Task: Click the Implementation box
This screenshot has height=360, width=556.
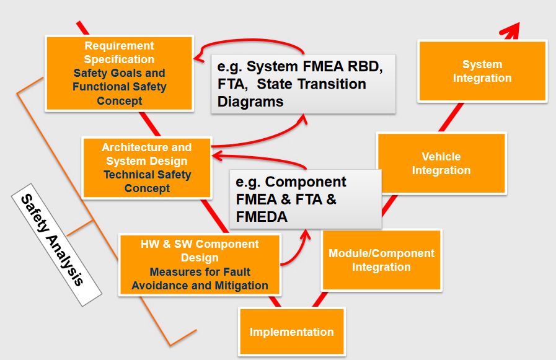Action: tap(291, 332)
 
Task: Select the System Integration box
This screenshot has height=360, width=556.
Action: tap(482, 71)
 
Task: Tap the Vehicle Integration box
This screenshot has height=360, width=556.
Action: tap(441, 164)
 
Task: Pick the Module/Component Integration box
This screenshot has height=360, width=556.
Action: tap(381, 260)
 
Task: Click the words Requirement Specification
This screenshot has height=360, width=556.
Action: tap(119, 53)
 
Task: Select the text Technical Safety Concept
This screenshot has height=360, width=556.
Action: tap(147, 182)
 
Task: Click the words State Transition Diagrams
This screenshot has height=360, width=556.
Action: tap(291, 92)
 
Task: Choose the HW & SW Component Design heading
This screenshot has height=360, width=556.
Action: tap(200, 250)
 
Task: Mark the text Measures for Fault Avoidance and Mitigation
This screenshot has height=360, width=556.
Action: tap(200, 279)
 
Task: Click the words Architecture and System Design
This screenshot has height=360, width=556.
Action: tap(147, 154)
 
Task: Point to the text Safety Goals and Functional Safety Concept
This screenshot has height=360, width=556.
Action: tap(119, 87)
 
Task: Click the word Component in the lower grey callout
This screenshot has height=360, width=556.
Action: tap(306, 182)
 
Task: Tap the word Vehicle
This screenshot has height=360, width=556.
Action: tap(441, 157)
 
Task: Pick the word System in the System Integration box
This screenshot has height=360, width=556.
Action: tap(482, 64)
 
